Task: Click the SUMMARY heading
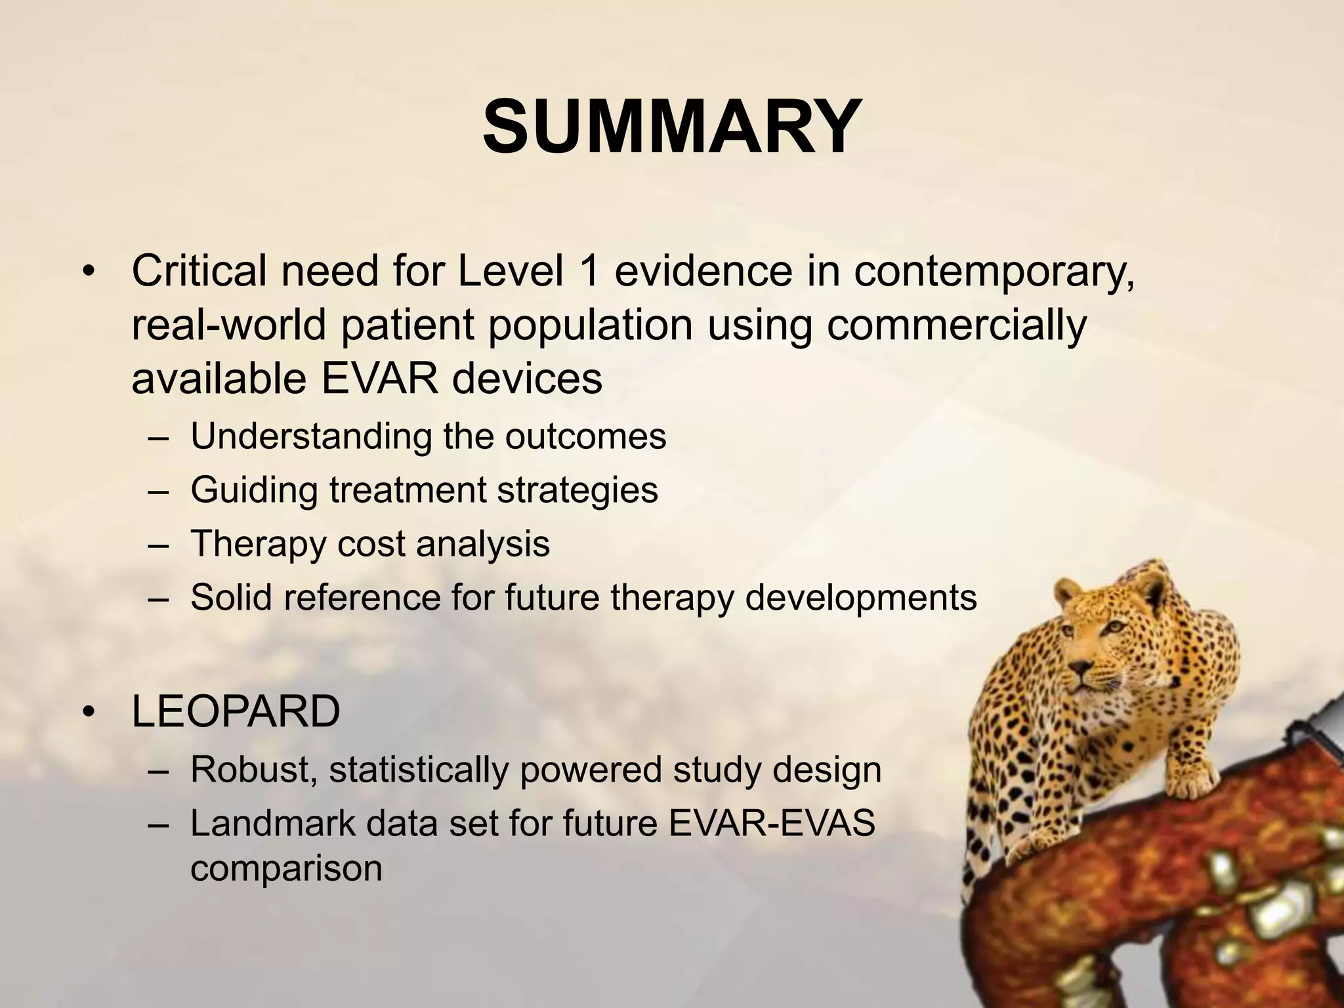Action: [671, 126]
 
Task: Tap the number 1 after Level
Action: [589, 270]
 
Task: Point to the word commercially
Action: [955, 325]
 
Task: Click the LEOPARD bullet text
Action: [236, 711]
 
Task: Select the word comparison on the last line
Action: [286, 868]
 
